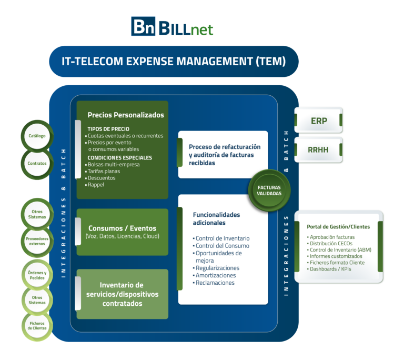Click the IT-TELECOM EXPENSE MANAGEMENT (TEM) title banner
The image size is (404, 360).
174,61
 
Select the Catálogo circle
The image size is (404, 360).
36,136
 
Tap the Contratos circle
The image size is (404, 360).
37,163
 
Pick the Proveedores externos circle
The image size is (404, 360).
37,241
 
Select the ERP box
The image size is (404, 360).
319,121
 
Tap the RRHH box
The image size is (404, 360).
319,149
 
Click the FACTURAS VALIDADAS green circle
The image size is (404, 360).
269,190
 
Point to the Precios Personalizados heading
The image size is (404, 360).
126,115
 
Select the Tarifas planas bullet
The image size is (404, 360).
104,171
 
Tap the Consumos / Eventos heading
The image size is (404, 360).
122,228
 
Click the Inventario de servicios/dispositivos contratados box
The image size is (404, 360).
122,294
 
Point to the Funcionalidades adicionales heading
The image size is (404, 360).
216,219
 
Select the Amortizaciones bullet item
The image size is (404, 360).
215,275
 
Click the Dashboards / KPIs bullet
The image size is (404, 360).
330,269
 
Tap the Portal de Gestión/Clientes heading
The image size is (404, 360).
338,226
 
